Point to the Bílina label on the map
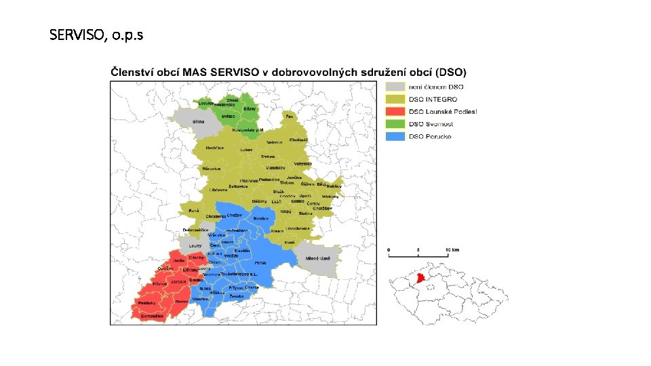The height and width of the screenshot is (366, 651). point(199,122)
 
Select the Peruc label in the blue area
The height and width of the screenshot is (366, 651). point(260,262)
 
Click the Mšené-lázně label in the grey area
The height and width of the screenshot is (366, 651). point(317,259)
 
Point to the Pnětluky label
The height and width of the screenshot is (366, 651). point(147,302)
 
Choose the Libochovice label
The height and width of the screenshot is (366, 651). point(298,228)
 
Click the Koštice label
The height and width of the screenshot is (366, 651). point(260,218)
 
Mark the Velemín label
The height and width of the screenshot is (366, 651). point(275,142)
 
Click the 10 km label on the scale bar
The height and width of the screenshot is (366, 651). point(452,250)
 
